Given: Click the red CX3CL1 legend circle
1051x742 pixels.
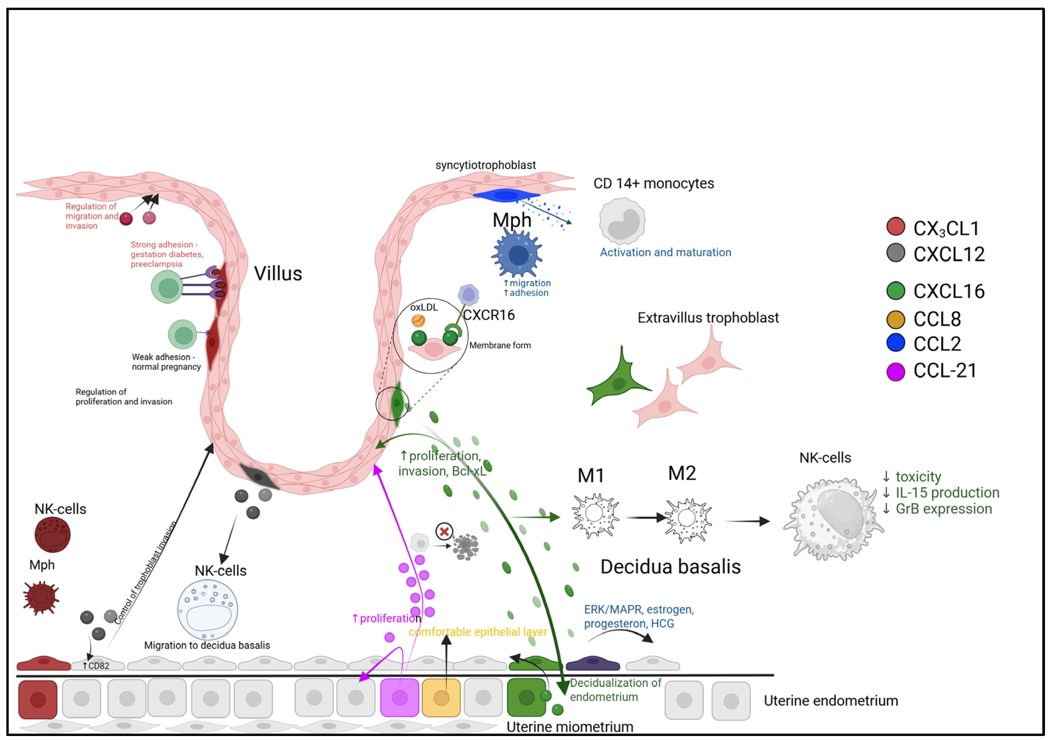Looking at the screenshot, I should pyautogui.click(x=895, y=226).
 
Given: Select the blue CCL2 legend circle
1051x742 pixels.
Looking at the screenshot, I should pyautogui.click(x=895, y=342).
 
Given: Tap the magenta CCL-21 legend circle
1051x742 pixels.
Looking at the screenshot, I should pyautogui.click(x=895, y=371).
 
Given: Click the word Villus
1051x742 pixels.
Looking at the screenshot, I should pyautogui.click(x=278, y=274).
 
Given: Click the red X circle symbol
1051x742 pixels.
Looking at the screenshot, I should pyautogui.click(x=443, y=532).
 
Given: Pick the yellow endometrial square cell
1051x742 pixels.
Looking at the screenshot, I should pyautogui.click(x=441, y=697).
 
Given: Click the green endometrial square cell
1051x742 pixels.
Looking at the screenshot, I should pyautogui.click(x=526, y=697).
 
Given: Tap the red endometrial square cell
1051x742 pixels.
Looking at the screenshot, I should pyautogui.click(x=38, y=699).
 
